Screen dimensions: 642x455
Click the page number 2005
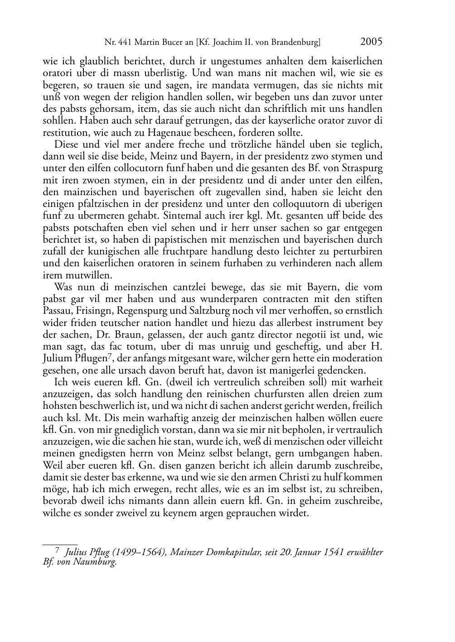pos(371,42)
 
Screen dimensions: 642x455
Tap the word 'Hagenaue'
pos(166,133)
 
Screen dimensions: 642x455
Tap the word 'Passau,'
pos(57,311)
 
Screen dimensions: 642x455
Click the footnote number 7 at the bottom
pos(57,551)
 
